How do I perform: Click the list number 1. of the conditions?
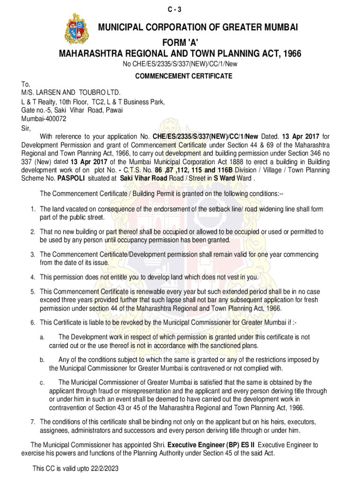click(33, 210)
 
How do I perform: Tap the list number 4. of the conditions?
click(33, 277)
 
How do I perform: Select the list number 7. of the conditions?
click(33, 421)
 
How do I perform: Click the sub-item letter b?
click(42, 360)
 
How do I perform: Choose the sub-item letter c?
click(42, 383)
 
